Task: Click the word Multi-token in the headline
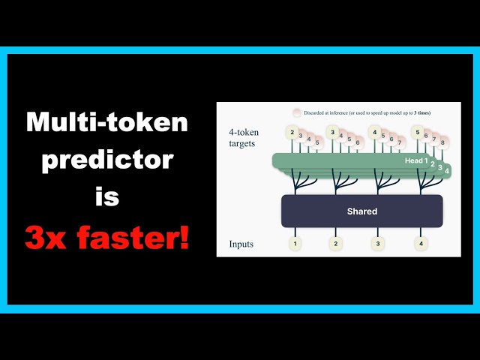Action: (x=107, y=123)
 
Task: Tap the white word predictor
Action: (x=107, y=160)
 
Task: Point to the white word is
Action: (x=107, y=198)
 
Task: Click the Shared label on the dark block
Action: (x=361, y=211)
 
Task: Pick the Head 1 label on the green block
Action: (x=415, y=160)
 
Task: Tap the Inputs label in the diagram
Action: (x=242, y=244)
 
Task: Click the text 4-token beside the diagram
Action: (x=245, y=132)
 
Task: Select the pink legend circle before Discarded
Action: (x=296, y=112)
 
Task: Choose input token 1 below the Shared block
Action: (x=295, y=244)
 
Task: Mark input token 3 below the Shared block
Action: (x=378, y=244)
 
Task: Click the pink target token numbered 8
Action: (x=444, y=142)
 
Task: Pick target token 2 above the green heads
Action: (x=292, y=132)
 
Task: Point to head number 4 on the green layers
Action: (x=447, y=172)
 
